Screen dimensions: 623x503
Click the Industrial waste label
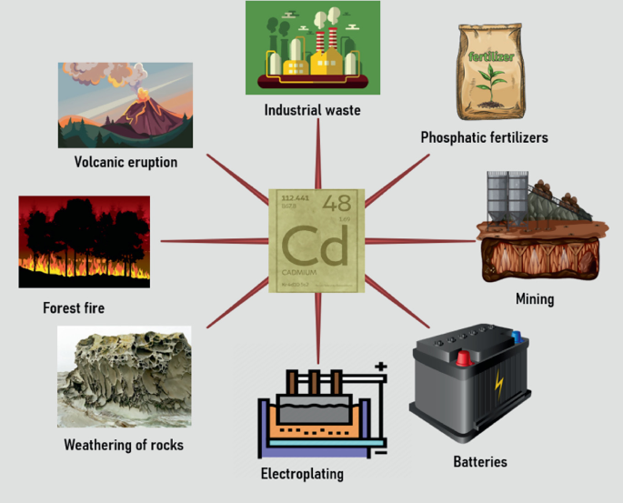click(x=312, y=110)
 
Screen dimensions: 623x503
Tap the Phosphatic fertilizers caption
click(x=484, y=137)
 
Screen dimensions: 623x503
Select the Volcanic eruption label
click(x=126, y=162)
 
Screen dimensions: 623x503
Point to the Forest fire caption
click(x=74, y=307)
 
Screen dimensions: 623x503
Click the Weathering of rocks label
click(x=124, y=445)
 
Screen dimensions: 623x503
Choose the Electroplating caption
click(x=302, y=474)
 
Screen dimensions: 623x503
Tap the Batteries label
click(x=479, y=461)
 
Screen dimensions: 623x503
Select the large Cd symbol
click(x=314, y=246)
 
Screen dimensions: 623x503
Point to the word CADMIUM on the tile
click(x=300, y=274)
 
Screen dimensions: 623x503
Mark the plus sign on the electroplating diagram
click(x=379, y=367)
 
